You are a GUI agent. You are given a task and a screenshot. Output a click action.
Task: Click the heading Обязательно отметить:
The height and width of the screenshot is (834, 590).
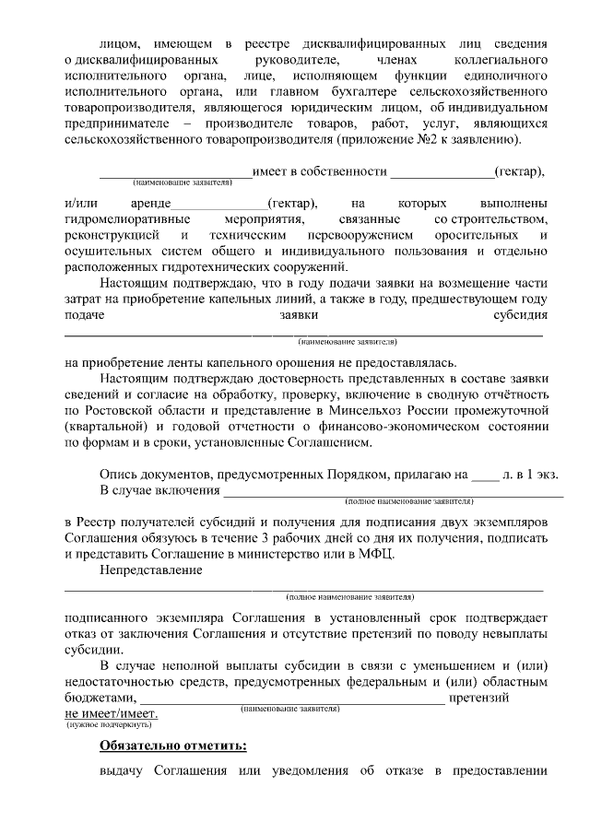click(173, 745)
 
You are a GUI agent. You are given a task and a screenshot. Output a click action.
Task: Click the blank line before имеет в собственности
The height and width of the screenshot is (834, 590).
click(175, 173)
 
